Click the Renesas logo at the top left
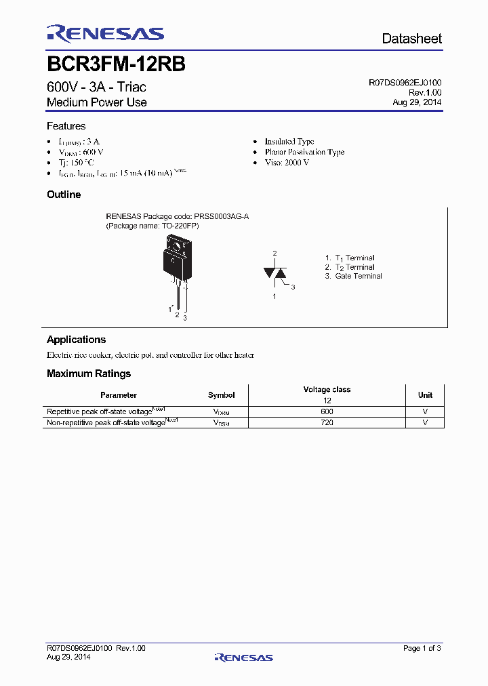coord(105,34)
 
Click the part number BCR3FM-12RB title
coord(116,64)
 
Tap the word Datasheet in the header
coord(411,39)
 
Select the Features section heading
coord(66,126)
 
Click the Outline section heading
coord(64,195)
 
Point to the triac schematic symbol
coord(275,273)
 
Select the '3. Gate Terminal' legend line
coord(353,277)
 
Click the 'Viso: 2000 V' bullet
coord(287,163)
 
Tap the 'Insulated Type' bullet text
coord(289,142)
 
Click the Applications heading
coord(76,340)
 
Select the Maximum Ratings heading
coord(89,374)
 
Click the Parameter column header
coord(119,395)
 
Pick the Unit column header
coord(425,395)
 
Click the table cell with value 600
coord(327,411)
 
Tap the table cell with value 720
coord(327,422)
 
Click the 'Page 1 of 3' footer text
coord(422,649)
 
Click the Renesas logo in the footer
coord(243,657)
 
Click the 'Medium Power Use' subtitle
coord(96,103)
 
